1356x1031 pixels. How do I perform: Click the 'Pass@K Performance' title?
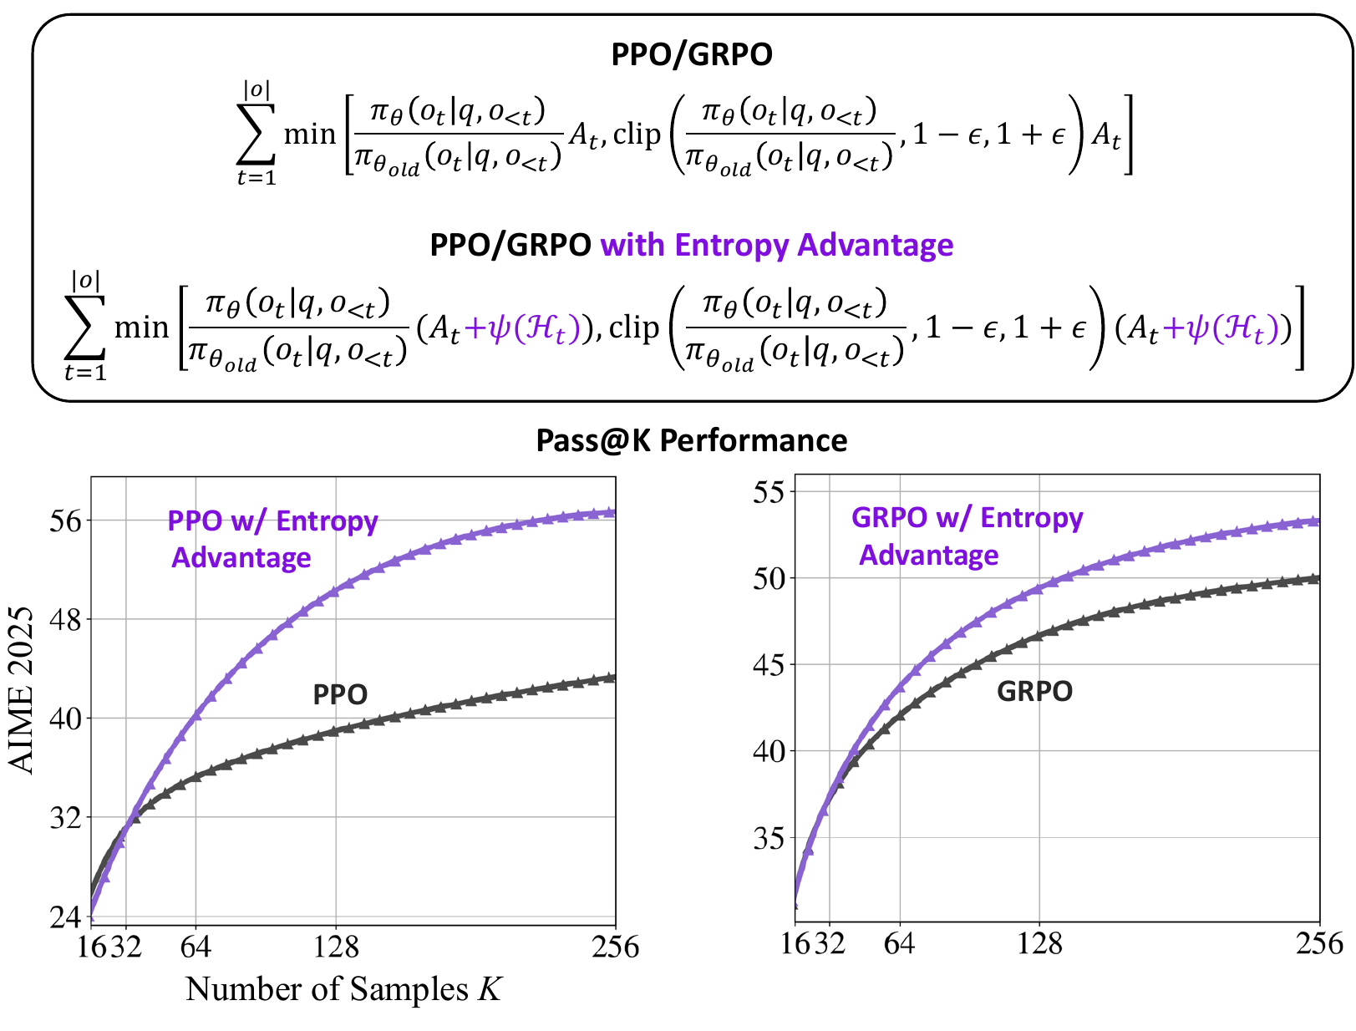click(x=691, y=440)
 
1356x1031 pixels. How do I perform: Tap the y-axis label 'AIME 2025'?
click(x=23, y=690)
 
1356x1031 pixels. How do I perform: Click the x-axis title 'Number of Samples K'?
click(x=343, y=989)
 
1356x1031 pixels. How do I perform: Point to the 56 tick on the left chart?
click(x=66, y=521)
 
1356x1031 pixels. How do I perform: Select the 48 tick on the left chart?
click(x=66, y=620)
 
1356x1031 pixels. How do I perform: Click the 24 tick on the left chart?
click(x=66, y=917)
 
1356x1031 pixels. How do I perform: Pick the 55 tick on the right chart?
click(x=769, y=491)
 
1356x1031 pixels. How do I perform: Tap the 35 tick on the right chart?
click(x=769, y=838)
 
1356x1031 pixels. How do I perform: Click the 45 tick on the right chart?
click(x=769, y=665)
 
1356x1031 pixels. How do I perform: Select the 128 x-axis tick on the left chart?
click(x=336, y=947)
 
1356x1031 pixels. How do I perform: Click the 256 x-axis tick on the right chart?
click(x=1319, y=944)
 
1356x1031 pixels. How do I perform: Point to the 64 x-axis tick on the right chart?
click(x=899, y=944)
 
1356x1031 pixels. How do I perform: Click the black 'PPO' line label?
click(x=340, y=694)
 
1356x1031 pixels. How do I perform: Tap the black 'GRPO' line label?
click(x=1034, y=691)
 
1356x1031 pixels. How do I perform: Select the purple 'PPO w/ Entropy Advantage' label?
click(x=272, y=539)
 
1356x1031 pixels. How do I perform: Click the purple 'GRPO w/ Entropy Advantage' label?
click(x=967, y=536)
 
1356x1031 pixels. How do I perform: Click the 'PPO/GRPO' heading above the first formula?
click(x=691, y=54)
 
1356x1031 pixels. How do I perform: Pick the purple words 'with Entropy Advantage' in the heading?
click(x=776, y=245)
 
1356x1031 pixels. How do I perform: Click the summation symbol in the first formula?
click(x=256, y=134)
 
